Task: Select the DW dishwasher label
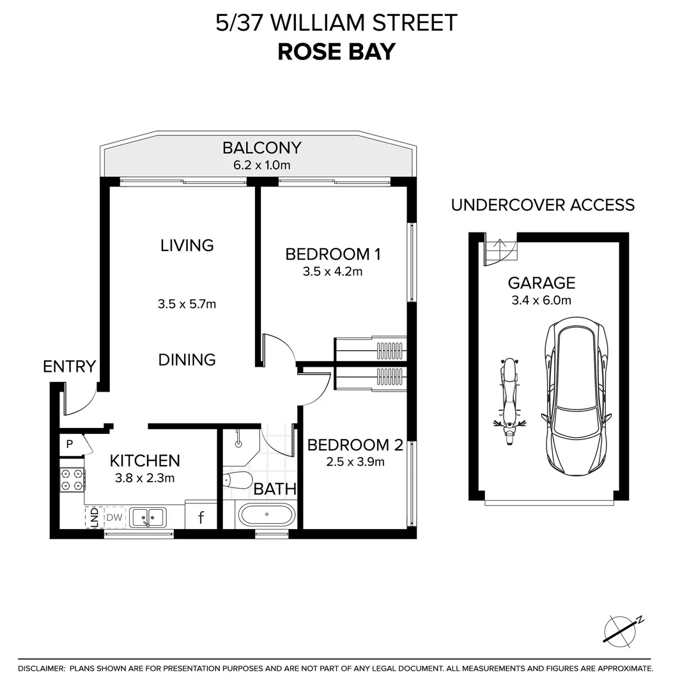click(x=114, y=517)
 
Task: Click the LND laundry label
click(x=93, y=516)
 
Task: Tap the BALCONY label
click(x=261, y=148)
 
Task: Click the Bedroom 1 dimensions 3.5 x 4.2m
click(x=332, y=272)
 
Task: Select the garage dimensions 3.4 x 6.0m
click(x=541, y=300)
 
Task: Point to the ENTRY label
click(x=69, y=367)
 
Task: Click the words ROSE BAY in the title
click(x=336, y=51)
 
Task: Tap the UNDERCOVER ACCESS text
click(x=543, y=205)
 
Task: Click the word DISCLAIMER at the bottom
click(x=42, y=668)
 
